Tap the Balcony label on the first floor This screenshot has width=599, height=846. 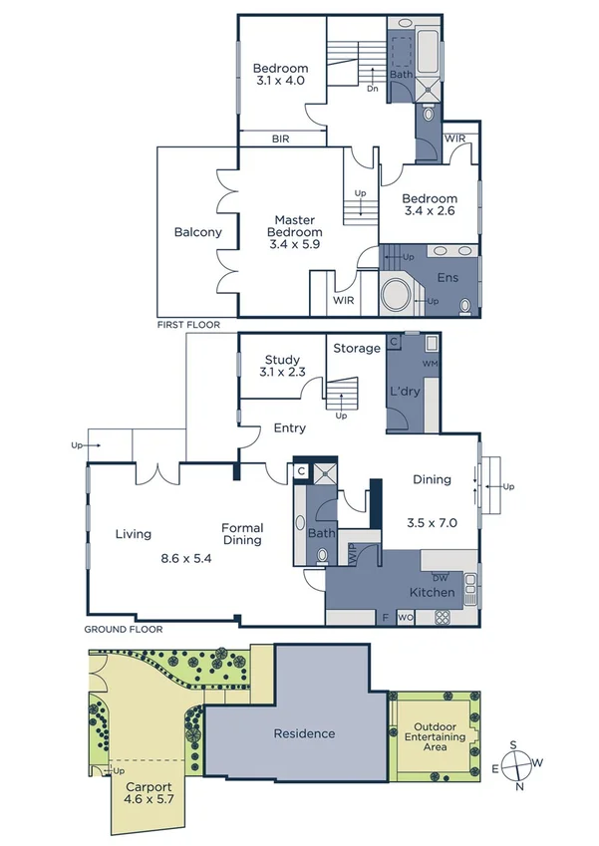(x=197, y=232)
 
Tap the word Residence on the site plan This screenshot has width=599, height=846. (x=305, y=733)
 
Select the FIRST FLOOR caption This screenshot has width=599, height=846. (x=188, y=326)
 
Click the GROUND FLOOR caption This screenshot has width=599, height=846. (x=122, y=630)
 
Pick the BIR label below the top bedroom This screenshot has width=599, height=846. (x=280, y=140)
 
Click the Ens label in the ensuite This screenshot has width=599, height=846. (x=449, y=277)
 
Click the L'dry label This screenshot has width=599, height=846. (x=404, y=391)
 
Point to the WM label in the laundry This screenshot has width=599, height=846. (x=431, y=364)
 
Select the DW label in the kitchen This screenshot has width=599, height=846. (x=440, y=578)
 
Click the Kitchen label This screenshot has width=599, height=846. (x=432, y=593)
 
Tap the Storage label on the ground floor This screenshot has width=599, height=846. (x=357, y=348)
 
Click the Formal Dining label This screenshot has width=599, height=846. (x=241, y=534)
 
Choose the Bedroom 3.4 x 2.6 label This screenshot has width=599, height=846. (x=431, y=204)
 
